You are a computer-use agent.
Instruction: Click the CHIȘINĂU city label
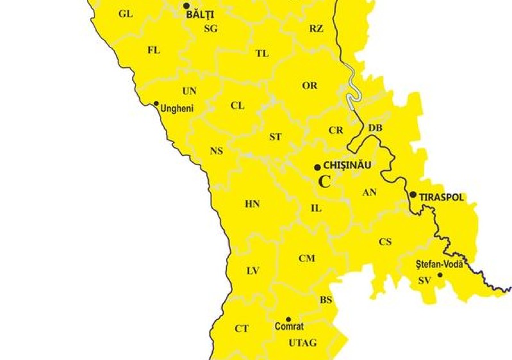pos(348,165)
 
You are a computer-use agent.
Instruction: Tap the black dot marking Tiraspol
pos(413,195)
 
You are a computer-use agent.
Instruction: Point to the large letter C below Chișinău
pos(325,181)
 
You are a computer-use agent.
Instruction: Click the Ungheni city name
pos(177,109)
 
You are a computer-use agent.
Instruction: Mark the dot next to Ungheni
pos(156,103)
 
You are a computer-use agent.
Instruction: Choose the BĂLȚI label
pos(200,13)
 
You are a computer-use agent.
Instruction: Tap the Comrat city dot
pos(288,319)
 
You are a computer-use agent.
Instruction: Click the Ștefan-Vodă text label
pos(439,264)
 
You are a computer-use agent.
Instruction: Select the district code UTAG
pos(302,343)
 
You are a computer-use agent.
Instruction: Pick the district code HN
pos(252,204)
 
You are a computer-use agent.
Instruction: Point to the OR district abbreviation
pos(310,86)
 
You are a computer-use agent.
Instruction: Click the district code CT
pos(241,329)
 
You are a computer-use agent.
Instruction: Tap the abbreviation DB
pos(375,128)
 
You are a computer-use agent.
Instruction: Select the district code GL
pos(126,13)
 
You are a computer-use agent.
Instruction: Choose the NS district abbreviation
pos(217,151)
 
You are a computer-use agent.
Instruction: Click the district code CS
pos(384,241)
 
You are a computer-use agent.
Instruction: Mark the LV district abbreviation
pos(252,271)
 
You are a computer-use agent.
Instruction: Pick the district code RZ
pos(316,28)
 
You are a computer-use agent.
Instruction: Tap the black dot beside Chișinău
pos(317,167)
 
